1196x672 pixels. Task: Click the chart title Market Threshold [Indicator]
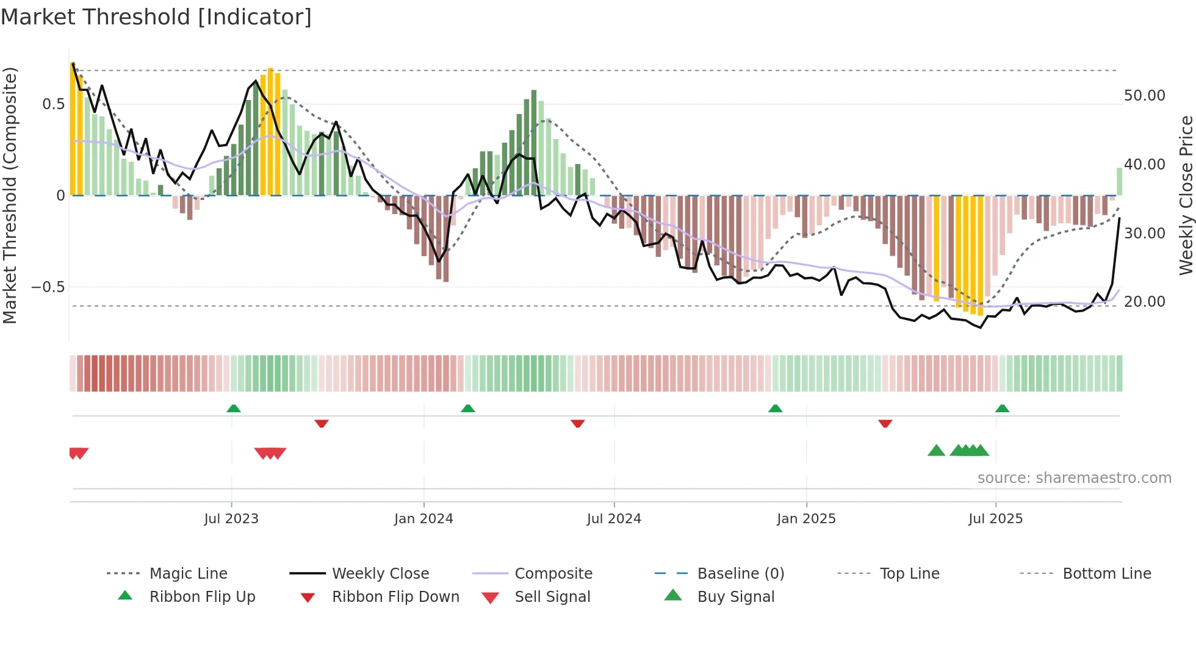tap(156, 17)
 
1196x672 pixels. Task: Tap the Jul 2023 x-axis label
tap(231, 519)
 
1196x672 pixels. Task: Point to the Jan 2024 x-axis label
tap(423, 519)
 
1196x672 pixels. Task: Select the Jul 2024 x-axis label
tap(614, 519)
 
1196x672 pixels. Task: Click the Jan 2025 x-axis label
tap(806, 519)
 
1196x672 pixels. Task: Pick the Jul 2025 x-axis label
tap(995, 519)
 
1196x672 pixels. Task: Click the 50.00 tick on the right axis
tap(1144, 96)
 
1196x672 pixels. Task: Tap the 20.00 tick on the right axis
tap(1144, 302)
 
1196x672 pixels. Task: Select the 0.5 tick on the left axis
tap(53, 104)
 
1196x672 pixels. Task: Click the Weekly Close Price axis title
tap(1186, 195)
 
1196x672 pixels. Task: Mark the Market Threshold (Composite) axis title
tap(10, 195)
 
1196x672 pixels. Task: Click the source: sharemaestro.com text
tap(1074, 478)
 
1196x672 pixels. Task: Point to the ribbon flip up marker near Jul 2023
tap(234, 409)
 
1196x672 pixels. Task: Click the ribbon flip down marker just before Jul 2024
tap(578, 423)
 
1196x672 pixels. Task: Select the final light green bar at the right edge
tap(1119, 182)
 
